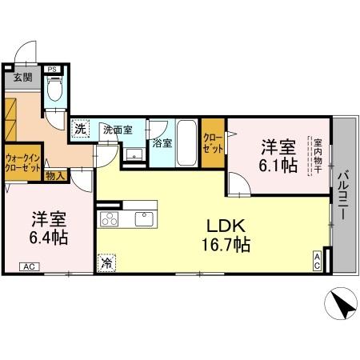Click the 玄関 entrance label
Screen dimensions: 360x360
coord(22,78)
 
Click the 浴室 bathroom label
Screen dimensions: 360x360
coord(162,144)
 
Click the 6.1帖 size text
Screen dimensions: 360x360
coord(278,166)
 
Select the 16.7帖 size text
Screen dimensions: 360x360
coord(225,244)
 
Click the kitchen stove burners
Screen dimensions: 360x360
coord(108,218)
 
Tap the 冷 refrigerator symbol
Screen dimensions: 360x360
coord(106,261)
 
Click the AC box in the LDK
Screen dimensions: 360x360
coord(318,260)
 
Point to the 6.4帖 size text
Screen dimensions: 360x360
coord(50,238)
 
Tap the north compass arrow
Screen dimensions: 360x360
coord(339,305)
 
